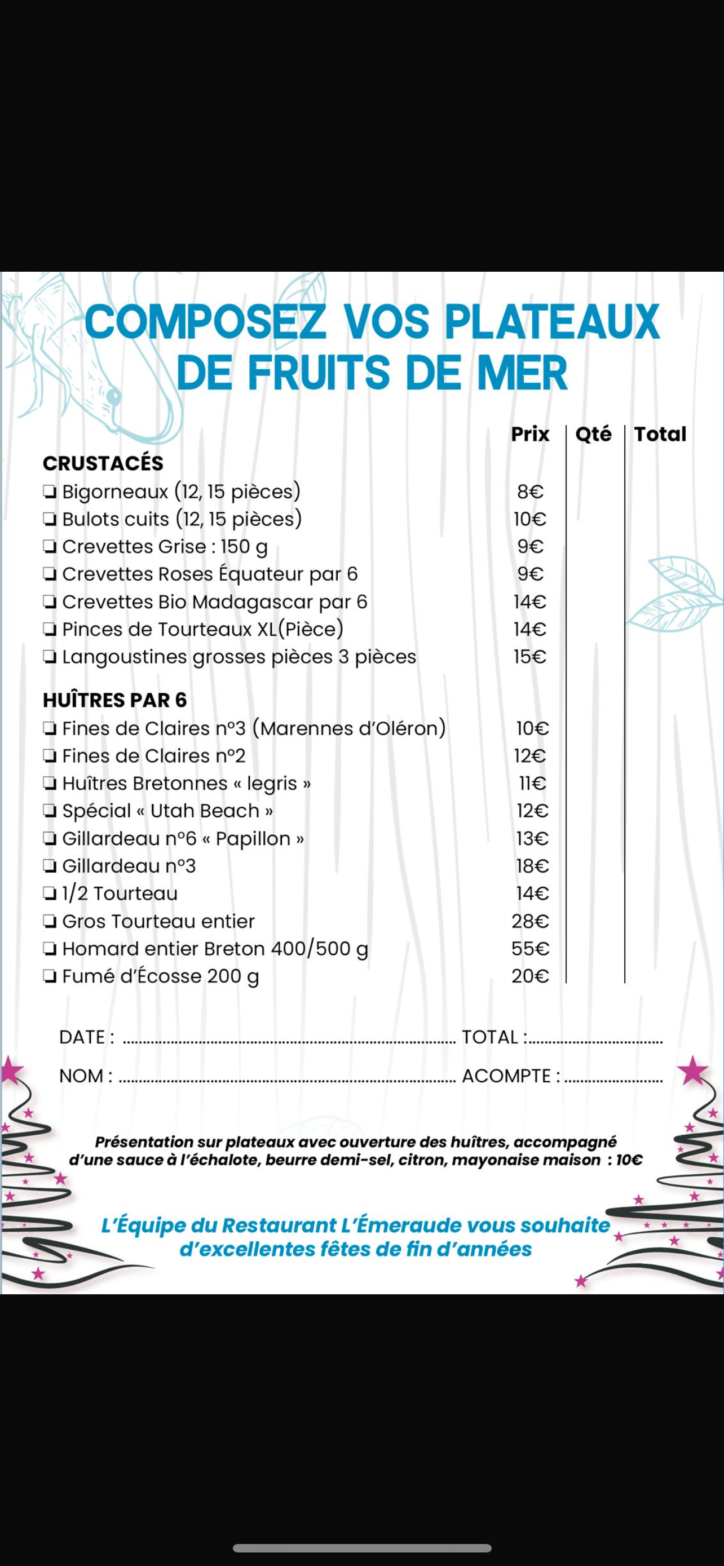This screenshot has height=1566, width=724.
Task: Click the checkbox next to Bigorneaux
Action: click(50, 491)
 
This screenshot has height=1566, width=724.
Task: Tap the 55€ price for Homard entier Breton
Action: click(529, 948)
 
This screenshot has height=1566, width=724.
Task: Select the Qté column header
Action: click(593, 434)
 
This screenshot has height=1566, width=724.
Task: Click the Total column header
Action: click(660, 434)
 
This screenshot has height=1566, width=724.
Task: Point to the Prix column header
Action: click(529, 434)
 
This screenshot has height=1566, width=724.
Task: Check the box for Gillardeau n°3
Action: click(50, 866)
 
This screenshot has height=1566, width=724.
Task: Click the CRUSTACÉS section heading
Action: click(103, 463)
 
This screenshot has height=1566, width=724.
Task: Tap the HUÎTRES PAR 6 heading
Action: click(114, 700)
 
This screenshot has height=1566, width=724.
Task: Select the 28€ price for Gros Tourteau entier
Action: click(529, 921)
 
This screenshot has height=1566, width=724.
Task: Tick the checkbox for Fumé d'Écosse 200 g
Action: click(50, 976)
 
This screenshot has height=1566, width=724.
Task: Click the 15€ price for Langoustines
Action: click(529, 657)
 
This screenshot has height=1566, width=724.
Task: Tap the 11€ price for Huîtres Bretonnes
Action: click(532, 783)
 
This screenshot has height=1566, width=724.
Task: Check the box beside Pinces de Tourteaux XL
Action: click(50, 629)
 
